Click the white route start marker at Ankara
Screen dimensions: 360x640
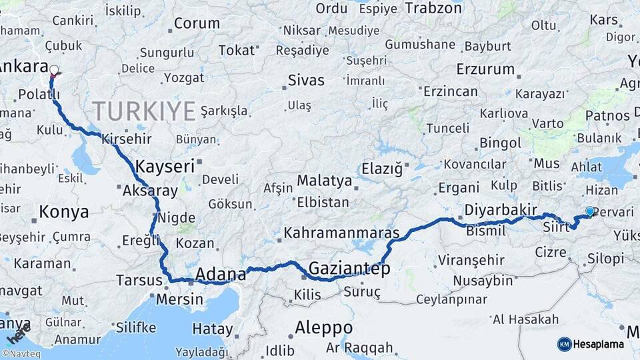(x=54, y=69)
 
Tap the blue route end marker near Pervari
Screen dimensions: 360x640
(x=589, y=211)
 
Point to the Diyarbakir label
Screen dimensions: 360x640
(x=500, y=210)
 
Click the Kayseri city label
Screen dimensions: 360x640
(x=164, y=166)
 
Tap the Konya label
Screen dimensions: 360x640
(x=64, y=212)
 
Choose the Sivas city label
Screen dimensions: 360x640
(x=306, y=81)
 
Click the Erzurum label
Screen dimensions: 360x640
(x=485, y=69)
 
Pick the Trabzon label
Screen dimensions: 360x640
(x=433, y=9)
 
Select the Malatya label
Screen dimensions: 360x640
(x=324, y=180)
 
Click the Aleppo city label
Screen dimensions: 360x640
(x=323, y=327)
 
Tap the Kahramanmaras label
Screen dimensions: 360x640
(x=341, y=233)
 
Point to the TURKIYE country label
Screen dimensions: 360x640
(x=143, y=110)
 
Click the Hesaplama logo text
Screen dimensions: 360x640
(x=599, y=344)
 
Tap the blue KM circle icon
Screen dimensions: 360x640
(x=565, y=344)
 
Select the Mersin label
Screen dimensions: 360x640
(x=179, y=299)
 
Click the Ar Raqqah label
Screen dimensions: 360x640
(x=359, y=347)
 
